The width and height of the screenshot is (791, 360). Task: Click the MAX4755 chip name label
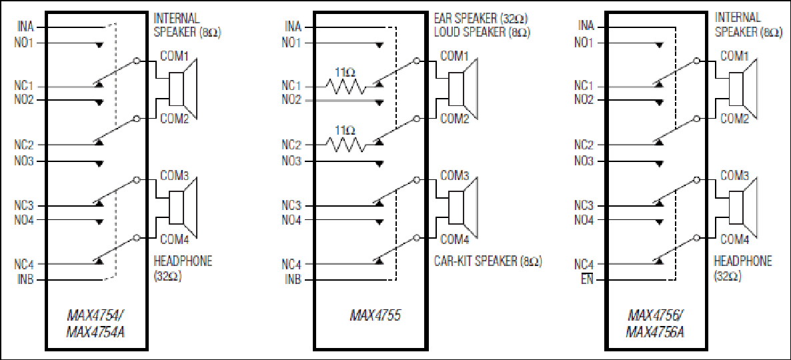pos(375,315)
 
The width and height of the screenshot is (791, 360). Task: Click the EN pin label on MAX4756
pos(588,280)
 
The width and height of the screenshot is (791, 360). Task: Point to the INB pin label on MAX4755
pos(293,280)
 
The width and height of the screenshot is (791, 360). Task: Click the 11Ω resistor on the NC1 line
pos(345,85)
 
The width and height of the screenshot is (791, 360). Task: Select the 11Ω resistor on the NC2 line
pos(345,143)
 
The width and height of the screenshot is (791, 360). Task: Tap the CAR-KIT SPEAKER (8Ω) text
pos(488,261)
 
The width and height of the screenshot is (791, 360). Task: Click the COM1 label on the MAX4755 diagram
pos(455,56)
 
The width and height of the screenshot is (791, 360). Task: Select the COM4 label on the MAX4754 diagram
pos(174,238)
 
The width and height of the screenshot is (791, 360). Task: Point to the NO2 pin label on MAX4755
pos(291,100)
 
